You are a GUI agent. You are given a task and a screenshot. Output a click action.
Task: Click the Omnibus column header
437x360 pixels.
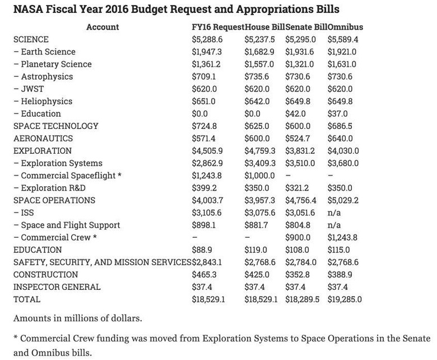point(345,27)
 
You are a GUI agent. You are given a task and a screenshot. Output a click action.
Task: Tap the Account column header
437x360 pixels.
point(103,27)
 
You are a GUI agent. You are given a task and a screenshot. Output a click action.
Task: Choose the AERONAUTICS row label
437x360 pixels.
point(43,139)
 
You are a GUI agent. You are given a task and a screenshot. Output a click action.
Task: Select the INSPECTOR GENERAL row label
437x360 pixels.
point(57,287)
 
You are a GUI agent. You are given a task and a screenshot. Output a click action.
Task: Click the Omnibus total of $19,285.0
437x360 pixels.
point(345,299)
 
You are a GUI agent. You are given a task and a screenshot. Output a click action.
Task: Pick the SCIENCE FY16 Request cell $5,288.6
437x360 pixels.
point(207,40)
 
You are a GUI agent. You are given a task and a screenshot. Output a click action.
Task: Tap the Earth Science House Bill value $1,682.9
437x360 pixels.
point(259,52)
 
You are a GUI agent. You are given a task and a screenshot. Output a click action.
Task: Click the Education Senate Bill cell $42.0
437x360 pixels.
point(295,114)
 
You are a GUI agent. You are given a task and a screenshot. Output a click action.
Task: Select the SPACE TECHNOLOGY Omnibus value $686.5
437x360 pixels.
point(340,126)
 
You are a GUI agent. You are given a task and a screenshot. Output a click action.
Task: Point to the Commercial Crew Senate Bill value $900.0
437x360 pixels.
point(298,238)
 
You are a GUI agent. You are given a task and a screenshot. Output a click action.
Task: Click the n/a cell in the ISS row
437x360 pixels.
point(334,213)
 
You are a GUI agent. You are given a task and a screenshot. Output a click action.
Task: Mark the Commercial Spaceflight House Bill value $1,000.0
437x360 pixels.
point(260,176)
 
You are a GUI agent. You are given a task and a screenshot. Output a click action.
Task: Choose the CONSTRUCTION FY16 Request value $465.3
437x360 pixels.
point(204,275)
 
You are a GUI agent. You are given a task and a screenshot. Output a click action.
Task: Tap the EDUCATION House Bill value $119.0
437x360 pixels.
point(256,250)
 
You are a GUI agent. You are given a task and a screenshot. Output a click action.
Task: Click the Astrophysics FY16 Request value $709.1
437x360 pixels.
point(204,77)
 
